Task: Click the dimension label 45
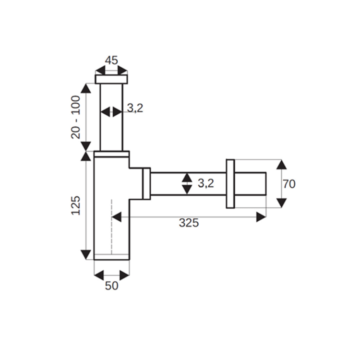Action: (x=111, y=60)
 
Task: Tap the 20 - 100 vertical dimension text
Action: (x=75, y=117)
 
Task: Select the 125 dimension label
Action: (x=75, y=205)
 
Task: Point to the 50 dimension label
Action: (x=111, y=286)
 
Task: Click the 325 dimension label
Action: (x=189, y=223)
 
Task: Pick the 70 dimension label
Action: (x=289, y=184)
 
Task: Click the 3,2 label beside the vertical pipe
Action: (x=135, y=108)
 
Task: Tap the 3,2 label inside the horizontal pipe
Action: (x=206, y=183)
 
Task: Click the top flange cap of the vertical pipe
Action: (x=111, y=79)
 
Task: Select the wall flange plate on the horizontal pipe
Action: (x=230, y=184)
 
